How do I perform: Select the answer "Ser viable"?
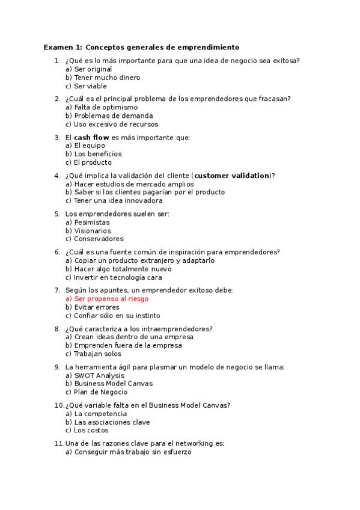(x=90, y=86)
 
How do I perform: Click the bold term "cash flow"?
(x=91, y=138)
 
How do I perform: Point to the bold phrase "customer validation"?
(x=232, y=176)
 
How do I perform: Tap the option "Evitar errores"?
(x=97, y=307)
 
